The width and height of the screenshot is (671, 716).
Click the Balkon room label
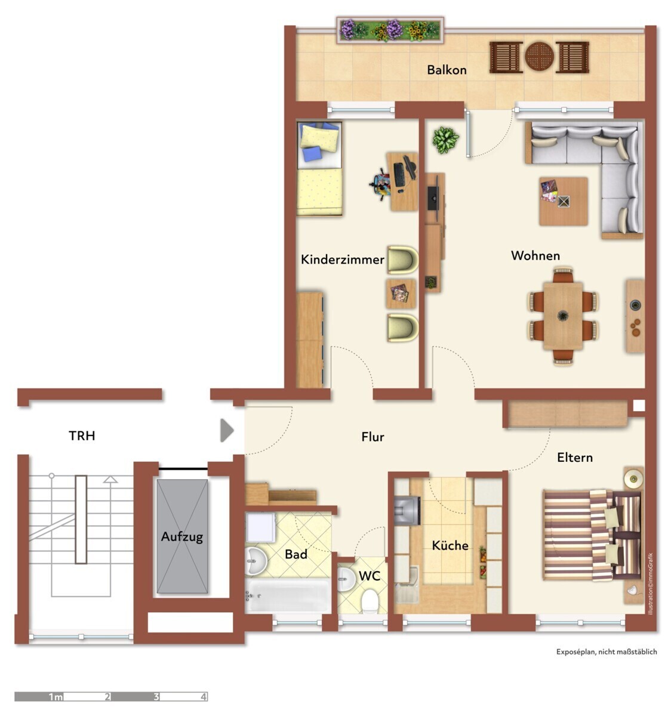[447, 70]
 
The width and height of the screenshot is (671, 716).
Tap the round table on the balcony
[539, 57]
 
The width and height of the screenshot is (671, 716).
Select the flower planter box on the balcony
[390, 30]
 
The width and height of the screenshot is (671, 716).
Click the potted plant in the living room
[445, 140]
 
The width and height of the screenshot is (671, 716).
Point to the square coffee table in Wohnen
[563, 201]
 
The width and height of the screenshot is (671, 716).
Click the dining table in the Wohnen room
[563, 316]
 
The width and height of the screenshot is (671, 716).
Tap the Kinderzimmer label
[342, 260]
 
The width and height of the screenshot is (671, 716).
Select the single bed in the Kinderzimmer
[319, 168]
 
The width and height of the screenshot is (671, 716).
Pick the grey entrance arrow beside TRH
[227, 430]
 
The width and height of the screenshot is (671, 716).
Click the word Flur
[373, 437]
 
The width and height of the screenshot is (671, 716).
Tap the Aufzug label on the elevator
[182, 537]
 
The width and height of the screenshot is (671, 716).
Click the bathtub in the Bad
[288, 595]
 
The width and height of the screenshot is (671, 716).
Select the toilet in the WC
[370, 601]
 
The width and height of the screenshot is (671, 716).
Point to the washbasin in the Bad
[256, 561]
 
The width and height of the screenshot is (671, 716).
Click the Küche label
[450, 545]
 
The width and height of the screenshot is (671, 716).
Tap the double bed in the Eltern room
[592, 535]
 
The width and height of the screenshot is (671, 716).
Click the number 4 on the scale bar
[204, 697]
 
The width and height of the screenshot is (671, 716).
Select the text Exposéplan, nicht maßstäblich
[607, 652]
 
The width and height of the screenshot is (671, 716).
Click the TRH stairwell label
[82, 436]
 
